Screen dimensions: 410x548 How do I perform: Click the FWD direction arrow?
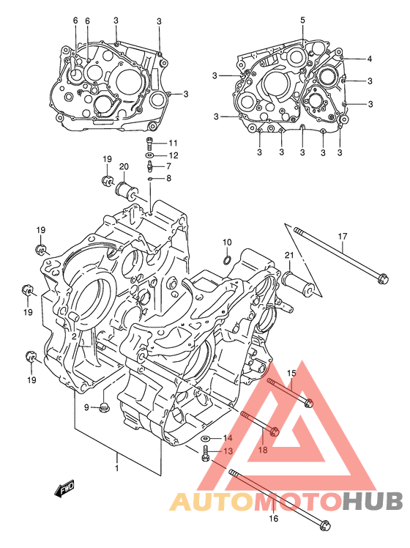(x=64, y=489)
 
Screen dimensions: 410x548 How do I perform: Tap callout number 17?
(x=343, y=237)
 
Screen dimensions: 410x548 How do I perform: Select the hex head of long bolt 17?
(x=383, y=278)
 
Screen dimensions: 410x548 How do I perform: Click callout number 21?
(x=289, y=256)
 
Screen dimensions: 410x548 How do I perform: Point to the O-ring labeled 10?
(x=227, y=259)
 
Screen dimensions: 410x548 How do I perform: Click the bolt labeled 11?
(x=149, y=142)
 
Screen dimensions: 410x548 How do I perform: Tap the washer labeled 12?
(x=150, y=155)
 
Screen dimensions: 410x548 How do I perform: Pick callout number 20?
(x=124, y=167)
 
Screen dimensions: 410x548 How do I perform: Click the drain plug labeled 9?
(x=104, y=407)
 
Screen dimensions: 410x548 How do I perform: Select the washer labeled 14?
(x=205, y=438)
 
